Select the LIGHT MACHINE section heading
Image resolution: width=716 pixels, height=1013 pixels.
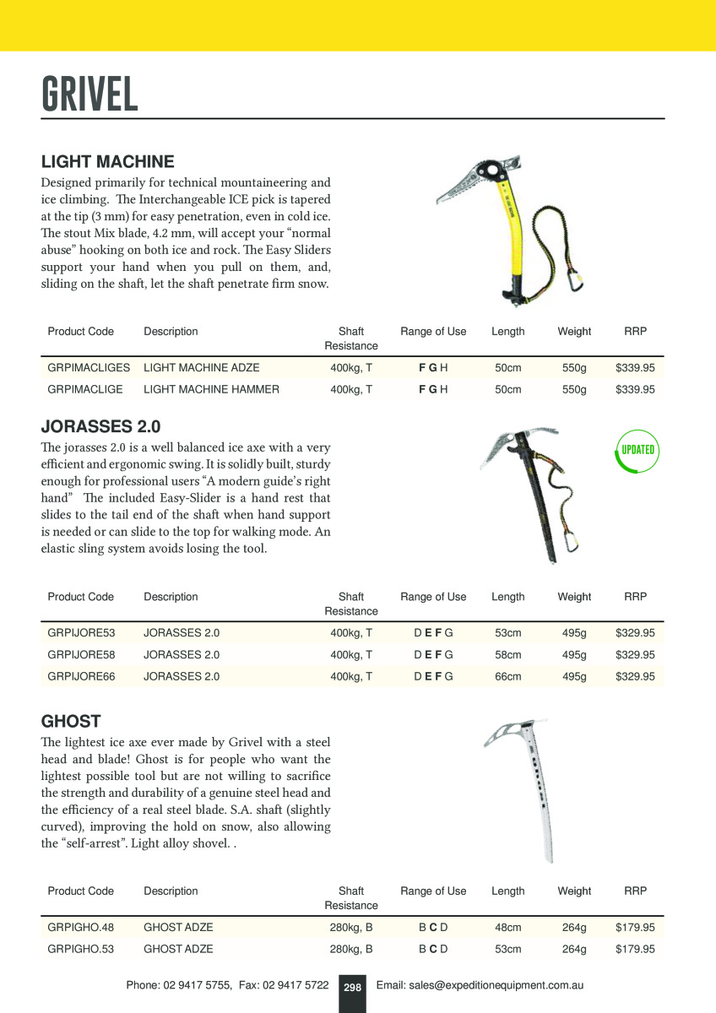pyautogui.click(x=108, y=161)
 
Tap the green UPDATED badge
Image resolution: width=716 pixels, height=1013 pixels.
pyautogui.click(x=637, y=450)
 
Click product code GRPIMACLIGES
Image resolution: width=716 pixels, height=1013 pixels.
pyautogui.click(x=89, y=368)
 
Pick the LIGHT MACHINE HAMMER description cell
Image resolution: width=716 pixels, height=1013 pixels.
pyautogui.click(x=211, y=390)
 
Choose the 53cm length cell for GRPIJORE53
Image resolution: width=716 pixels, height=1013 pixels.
pyautogui.click(x=507, y=633)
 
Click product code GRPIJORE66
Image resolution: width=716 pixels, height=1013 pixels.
pyautogui.click(x=81, y=677)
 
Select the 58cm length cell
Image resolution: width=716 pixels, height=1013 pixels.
pyautogui.click(x=507, y=655)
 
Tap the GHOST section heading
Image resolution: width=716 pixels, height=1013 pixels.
pyautogui.click(x=71, y=722)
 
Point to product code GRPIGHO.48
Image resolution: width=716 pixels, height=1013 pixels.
pyautogui.click(x=80, y=928)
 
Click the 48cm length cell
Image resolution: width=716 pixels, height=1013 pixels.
pyautogui.click(x=507, y=928)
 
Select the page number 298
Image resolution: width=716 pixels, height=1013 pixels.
pyautogui.click(x=352, y=987)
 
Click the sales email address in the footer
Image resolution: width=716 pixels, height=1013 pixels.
pyautogui.click(x=480, y=985)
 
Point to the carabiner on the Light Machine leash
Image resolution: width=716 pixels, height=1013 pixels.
pyautogui.click(x=572, y=286)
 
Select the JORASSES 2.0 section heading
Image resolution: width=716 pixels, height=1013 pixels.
pyautogui.click(x=100, y=426)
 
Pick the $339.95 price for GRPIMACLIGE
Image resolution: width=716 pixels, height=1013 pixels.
pyautogui.click(x=635, y=390)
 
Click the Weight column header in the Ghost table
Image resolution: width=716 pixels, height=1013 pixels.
pyautogui.click(x=574, y=891)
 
